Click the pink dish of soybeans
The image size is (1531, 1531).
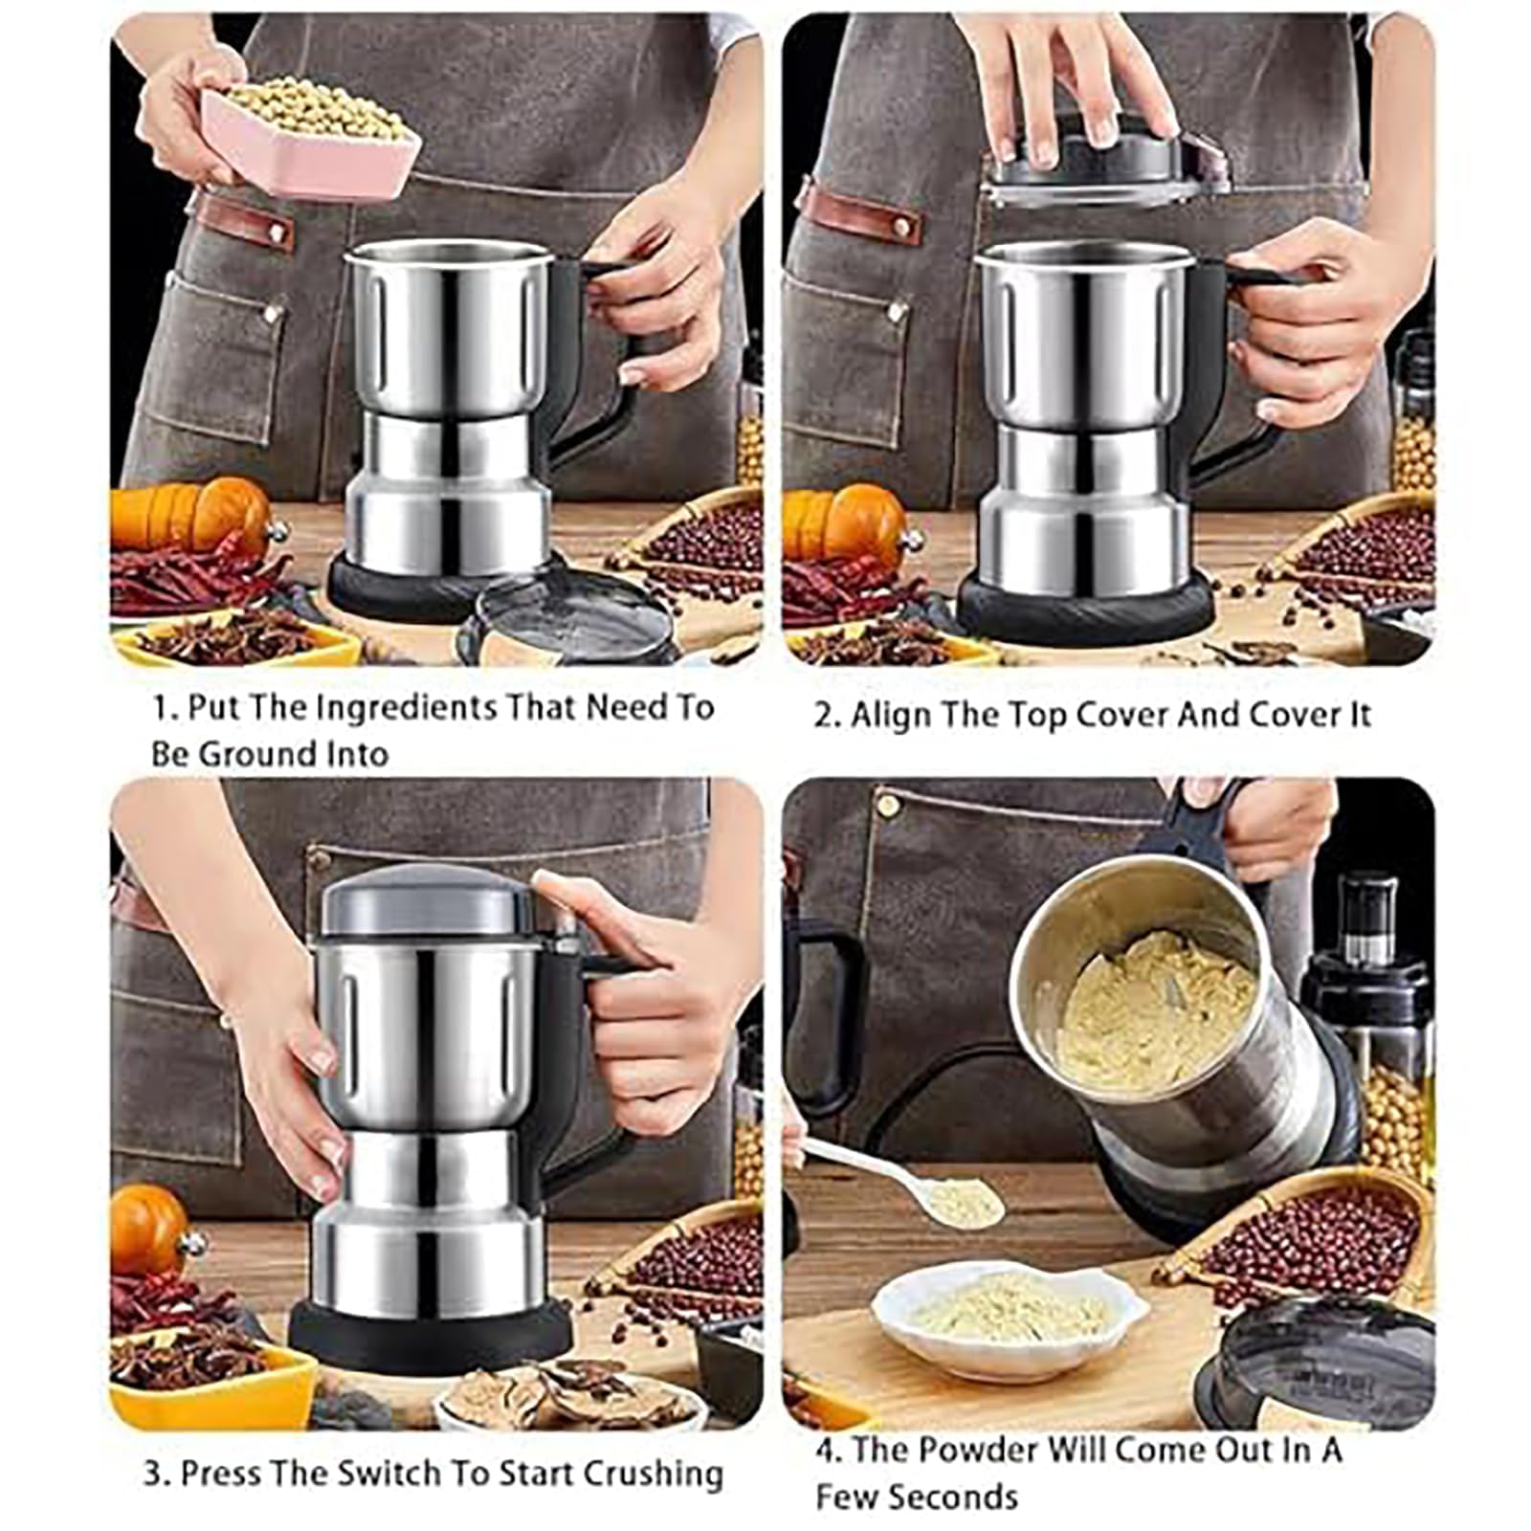(311, 139)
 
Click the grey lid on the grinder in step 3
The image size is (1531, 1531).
(426, 904)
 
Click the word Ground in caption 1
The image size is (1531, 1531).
(255, 754)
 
